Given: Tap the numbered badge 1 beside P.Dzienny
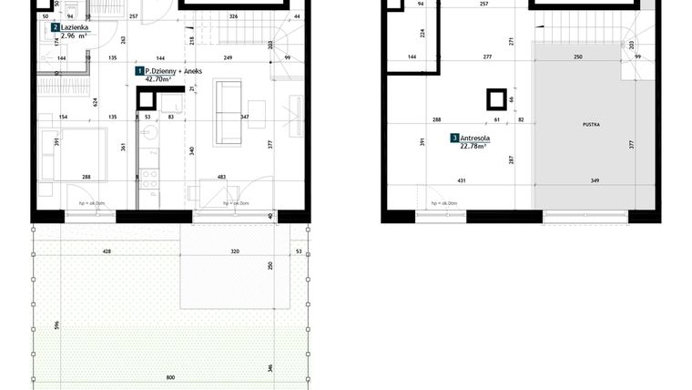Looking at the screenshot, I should click(x=139, y=70).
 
